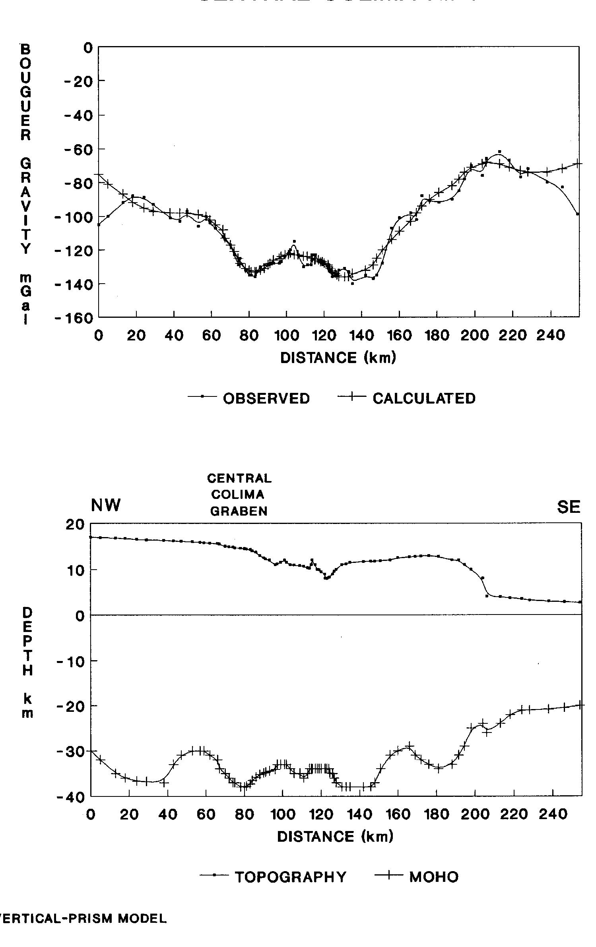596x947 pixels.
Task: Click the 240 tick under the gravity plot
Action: click(x=550, y=336)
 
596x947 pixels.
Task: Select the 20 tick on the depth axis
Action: click(x=76, y=525)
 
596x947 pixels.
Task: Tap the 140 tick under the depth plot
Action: click(x=360, y=815)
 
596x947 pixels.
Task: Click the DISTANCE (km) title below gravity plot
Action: click(x=338, y=358)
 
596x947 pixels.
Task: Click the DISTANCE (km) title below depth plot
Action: click(x=335, y=837)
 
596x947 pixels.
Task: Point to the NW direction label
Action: click(x=105, y=506)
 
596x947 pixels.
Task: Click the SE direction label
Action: click(x=569, y=507)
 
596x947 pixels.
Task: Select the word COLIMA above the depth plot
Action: click(x=238, y=495)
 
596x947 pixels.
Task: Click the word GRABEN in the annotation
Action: click(x=239, y=511)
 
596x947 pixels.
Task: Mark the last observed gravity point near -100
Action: click(x=577, y=214)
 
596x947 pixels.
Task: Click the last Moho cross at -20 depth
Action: click(x=580, y=705)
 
